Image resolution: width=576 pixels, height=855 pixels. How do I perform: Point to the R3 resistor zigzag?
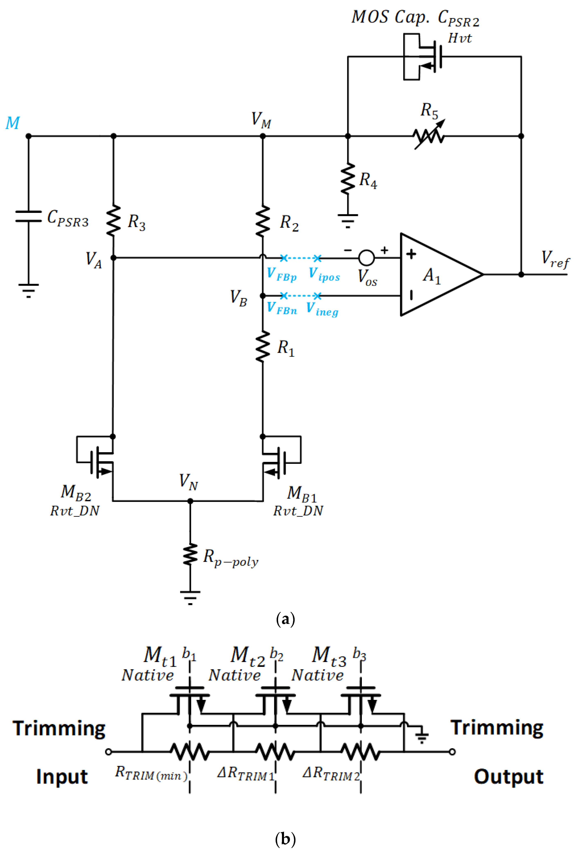(113, 220)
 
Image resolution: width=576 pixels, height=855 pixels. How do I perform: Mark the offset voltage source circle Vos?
(366, 258)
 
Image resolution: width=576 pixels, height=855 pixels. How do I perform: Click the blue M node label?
(12, 123)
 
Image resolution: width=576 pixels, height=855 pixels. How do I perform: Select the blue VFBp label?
(281, 274)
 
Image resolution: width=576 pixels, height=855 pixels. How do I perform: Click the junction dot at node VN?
(190, 501)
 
